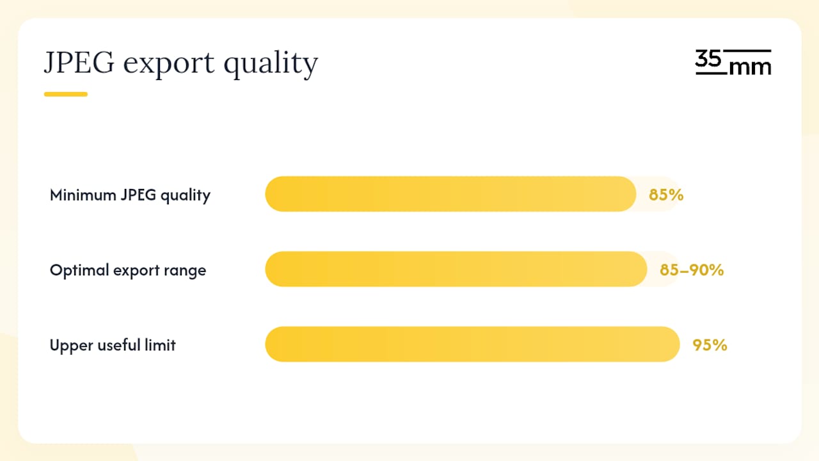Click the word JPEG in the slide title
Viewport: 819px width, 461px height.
(x=79, y=62)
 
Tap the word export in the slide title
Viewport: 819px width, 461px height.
(x=169, y=65)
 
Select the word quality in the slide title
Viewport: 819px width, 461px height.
(x=271, y=65)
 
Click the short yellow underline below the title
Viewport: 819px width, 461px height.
(x=66, y=94)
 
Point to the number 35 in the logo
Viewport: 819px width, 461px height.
(x=708, y=58)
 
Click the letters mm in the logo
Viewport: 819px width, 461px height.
(x=751, y=67)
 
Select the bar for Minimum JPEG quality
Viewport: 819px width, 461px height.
(x=450, y=194)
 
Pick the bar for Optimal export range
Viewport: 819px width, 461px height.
(x=456, y=269)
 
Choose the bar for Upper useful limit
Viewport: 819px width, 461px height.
(x=472, y=344)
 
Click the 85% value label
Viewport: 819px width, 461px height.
(x=666, y=195)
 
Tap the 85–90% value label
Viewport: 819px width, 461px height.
(x=692, y=270)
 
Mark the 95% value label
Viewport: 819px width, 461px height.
(x=710, y=345)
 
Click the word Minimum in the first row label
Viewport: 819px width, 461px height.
(x=83, y=195)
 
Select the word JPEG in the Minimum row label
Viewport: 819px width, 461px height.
(x=139, y=195)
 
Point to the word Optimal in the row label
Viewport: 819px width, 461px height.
(x=79, y=270)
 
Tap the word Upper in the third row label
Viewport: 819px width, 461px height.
(x=71, y=345)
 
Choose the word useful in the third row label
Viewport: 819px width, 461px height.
(x=119, y=344)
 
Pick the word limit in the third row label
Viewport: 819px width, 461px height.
(x=160, y=344)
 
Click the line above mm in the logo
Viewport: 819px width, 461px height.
(x=747, y=51)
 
